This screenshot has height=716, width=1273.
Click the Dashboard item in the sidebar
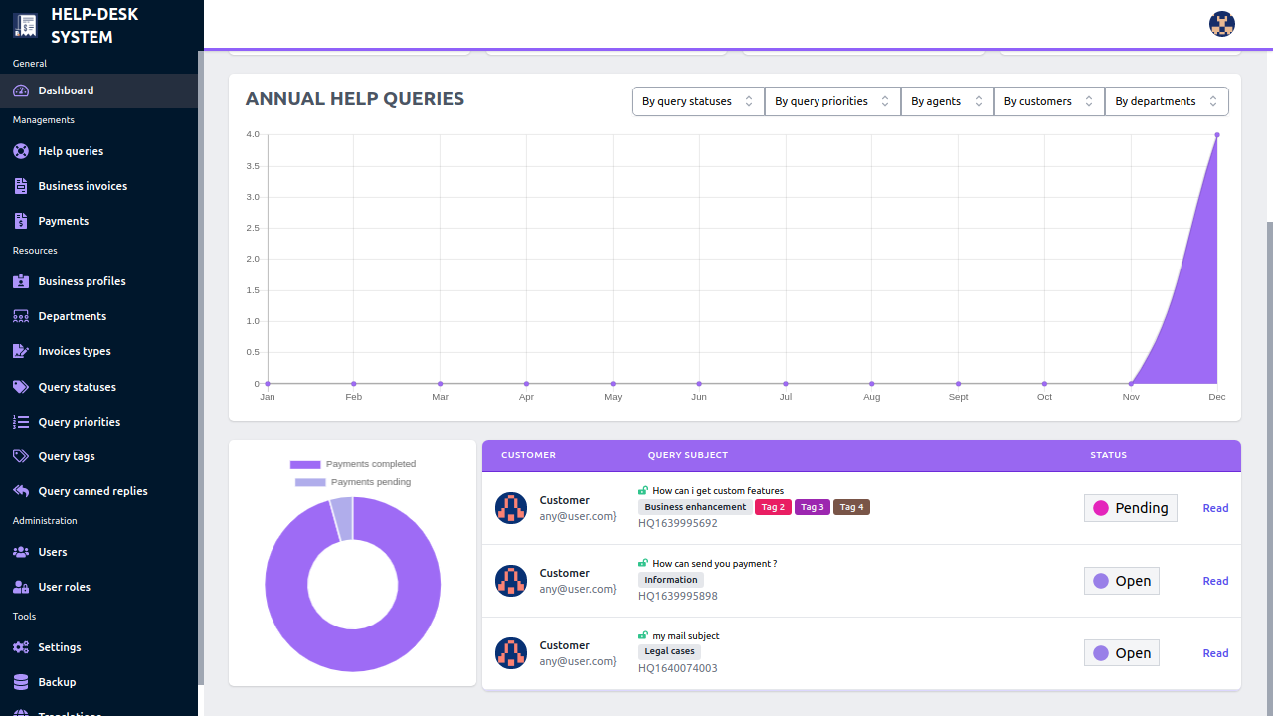[66, 90]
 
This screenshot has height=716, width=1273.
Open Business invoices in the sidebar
[83, 186]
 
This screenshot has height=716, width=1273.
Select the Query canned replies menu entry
[92, 491]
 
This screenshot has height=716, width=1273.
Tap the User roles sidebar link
[64, 587]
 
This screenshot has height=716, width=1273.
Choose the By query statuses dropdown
[698, 101]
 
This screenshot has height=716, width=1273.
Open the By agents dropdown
[947, 101]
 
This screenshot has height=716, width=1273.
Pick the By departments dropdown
[1167, 101]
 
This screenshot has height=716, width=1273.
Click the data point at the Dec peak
[1216, 135]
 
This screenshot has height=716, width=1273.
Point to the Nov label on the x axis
[1131, 397]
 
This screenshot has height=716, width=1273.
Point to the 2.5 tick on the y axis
[253, 228]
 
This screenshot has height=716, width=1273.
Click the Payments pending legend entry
[352, 482]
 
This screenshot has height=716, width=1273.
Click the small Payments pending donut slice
[342, 519]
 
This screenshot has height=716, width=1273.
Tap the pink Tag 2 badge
[773, 507]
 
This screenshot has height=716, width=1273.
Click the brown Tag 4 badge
[851, 507]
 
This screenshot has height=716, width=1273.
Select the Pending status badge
[1131, 508]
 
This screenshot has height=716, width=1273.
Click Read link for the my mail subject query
[1215, 653]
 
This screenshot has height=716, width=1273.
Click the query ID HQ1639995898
[677, 596]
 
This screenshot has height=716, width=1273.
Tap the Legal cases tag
[669, 651]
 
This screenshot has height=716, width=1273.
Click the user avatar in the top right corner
[1221, 24]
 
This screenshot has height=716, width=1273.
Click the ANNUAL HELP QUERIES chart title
[355, 98]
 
